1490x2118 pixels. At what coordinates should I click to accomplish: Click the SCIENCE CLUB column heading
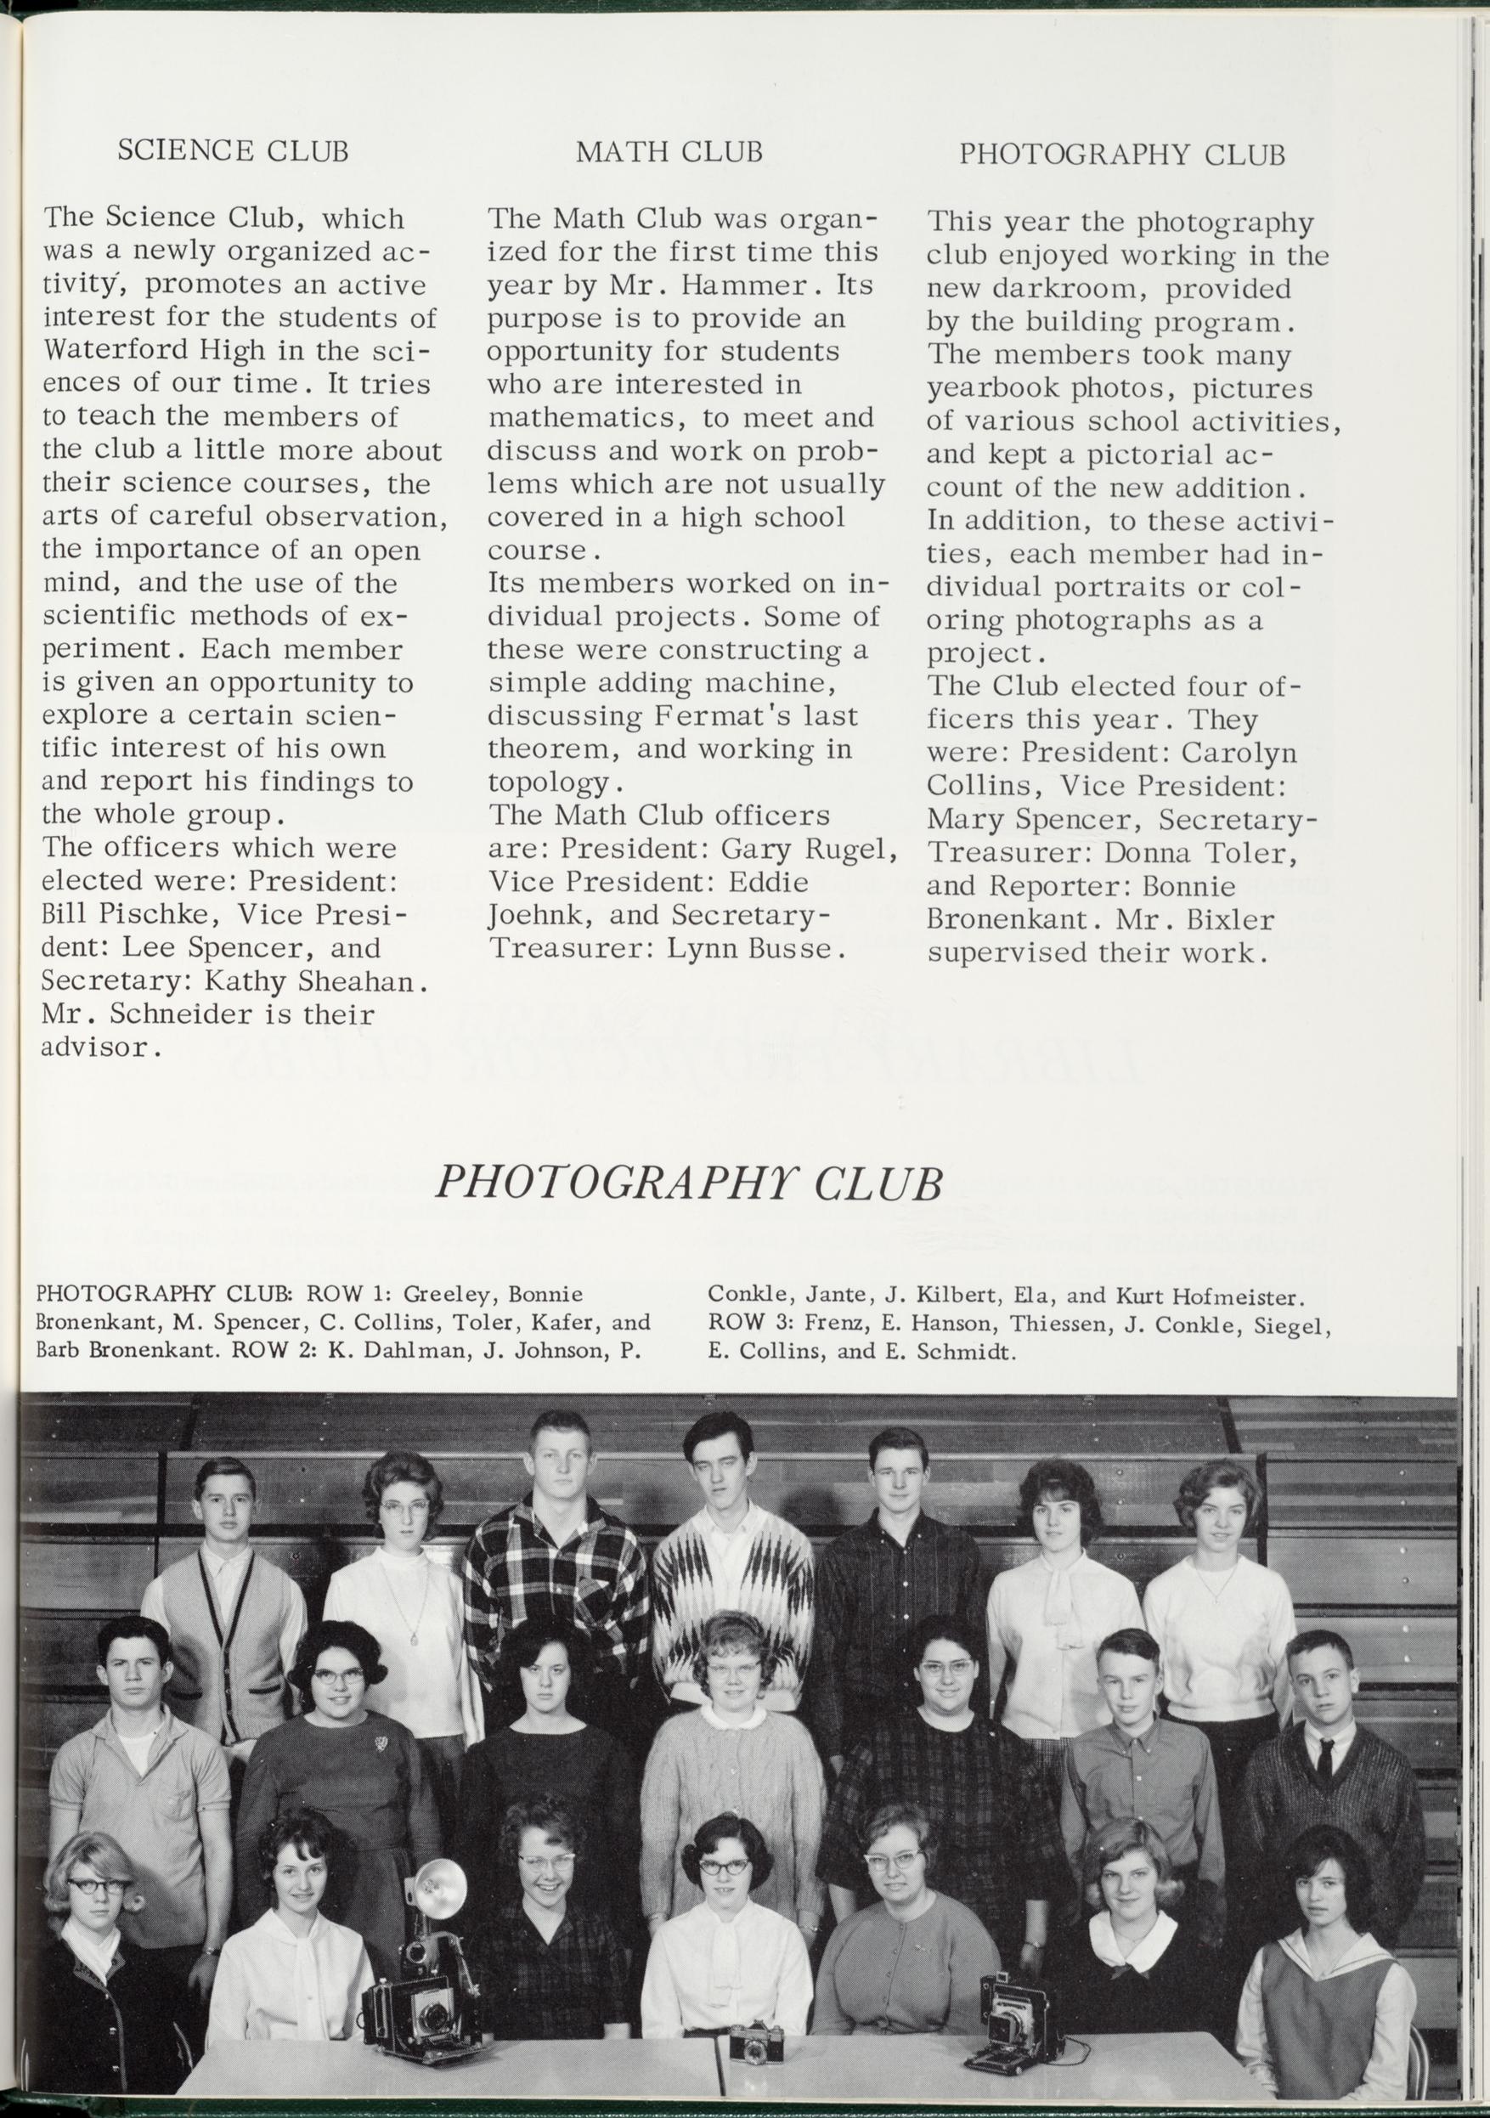233,150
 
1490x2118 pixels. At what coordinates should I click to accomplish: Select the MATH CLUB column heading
669,151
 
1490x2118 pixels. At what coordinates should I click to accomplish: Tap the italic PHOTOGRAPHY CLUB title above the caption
688,1183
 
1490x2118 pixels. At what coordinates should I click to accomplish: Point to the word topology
548,783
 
